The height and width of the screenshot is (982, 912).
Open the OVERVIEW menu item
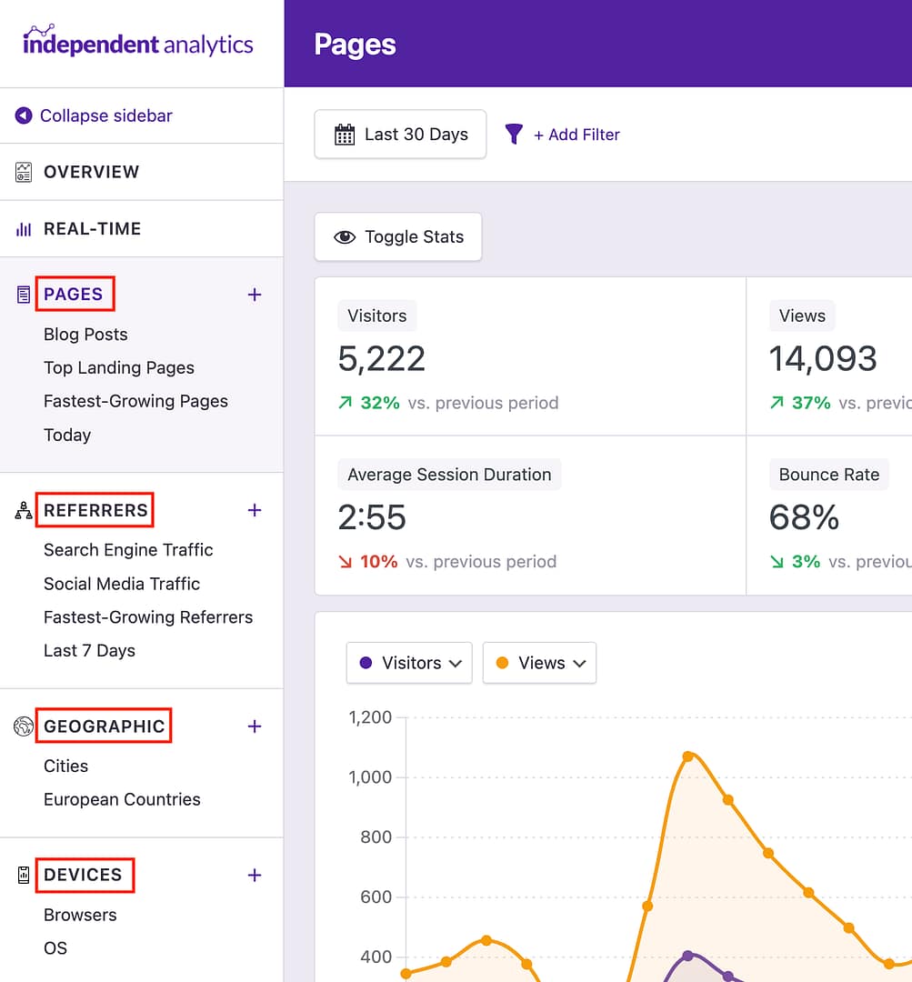coord(91,172)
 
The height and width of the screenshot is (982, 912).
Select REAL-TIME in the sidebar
coord(92,229)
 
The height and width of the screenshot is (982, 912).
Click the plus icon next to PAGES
coord(255,295)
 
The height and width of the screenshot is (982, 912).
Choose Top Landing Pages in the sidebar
coord(119,368)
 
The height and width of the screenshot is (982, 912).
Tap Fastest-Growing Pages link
coord(135,402)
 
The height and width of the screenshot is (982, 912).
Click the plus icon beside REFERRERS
coord(255,510)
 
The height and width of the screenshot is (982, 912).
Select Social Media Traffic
coord(122,584)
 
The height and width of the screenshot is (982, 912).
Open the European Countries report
coord(122,800)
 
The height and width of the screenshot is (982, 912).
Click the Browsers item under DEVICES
coord(80,915)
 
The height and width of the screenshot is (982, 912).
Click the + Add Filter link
coord(576,135)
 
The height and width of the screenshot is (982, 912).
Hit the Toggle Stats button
coord(398,237)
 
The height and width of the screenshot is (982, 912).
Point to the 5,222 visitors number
coord(382,359)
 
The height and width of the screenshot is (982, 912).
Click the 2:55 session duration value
coord(372,518)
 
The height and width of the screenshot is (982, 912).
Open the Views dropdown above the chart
coord(539,663)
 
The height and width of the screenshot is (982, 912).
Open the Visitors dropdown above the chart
coord(409,663)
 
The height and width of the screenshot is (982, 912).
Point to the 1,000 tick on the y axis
coord(370,777)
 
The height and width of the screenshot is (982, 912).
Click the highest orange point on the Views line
coord(688,756)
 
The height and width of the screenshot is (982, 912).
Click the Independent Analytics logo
coord(138,43)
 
